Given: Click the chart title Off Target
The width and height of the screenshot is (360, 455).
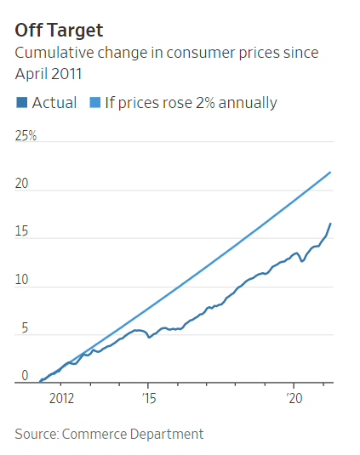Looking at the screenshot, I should click(59, 31).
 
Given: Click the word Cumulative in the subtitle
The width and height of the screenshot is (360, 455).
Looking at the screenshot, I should click(53, 53).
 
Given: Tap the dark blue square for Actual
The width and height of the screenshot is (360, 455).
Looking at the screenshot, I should click(21, 103).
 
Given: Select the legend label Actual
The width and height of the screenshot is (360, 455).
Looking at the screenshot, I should click(54, 103).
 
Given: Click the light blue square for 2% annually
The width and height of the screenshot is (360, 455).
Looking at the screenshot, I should click(90, 103).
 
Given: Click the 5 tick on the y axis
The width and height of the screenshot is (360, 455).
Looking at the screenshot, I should click(25, 328).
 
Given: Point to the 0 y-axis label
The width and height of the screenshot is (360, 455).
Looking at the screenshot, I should click(25, 375).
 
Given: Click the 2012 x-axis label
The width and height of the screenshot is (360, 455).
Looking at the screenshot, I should click(62, 397).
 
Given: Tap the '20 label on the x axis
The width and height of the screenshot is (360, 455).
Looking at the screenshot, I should click(294, 397).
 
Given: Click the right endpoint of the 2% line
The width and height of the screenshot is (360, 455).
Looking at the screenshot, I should click(330, 172).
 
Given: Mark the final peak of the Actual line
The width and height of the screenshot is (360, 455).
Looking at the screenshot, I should click(330, 224).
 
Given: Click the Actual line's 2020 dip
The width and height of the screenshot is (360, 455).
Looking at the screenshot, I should click(302, 260).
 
